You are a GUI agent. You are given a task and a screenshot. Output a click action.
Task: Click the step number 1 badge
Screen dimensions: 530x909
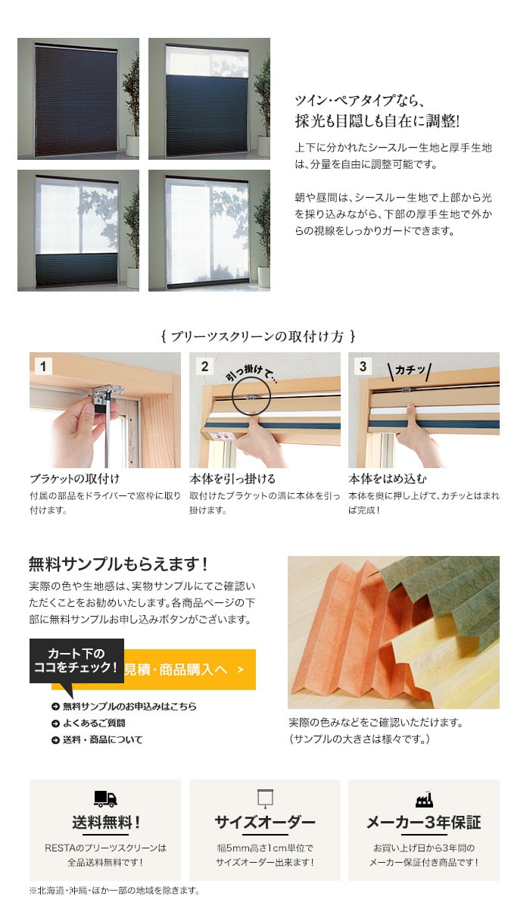click(43, 367)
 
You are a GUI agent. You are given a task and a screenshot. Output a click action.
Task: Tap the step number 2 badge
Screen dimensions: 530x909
click(204, 367)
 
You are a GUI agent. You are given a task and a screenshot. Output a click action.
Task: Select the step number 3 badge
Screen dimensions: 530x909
click(363, 367)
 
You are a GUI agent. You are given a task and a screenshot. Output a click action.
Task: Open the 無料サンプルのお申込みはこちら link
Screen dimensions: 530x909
click(124, 707)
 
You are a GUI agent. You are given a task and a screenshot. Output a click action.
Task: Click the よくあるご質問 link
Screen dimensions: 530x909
click(89, 723)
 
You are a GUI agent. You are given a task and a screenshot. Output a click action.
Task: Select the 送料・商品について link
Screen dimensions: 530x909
click(97, 740)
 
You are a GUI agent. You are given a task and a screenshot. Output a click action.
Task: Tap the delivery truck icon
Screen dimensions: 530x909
click(105, 798)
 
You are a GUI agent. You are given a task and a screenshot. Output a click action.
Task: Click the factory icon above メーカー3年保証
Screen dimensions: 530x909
click(424, 799)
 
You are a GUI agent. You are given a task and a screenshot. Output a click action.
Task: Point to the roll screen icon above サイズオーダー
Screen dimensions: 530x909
click(265, 798)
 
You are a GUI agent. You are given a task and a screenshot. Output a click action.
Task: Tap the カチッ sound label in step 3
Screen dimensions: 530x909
click(410, 370)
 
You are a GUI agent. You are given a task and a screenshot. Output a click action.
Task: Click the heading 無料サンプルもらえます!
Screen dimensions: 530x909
click(118, 564)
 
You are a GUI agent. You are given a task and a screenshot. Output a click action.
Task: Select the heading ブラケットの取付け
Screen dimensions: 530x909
click(75, 479)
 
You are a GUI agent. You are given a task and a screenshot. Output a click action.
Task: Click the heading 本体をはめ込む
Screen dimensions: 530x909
click(387, 479)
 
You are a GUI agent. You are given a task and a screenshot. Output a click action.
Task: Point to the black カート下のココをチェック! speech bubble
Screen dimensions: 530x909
click(76, 661)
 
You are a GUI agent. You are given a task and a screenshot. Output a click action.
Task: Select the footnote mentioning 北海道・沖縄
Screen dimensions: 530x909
click(114, 890)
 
